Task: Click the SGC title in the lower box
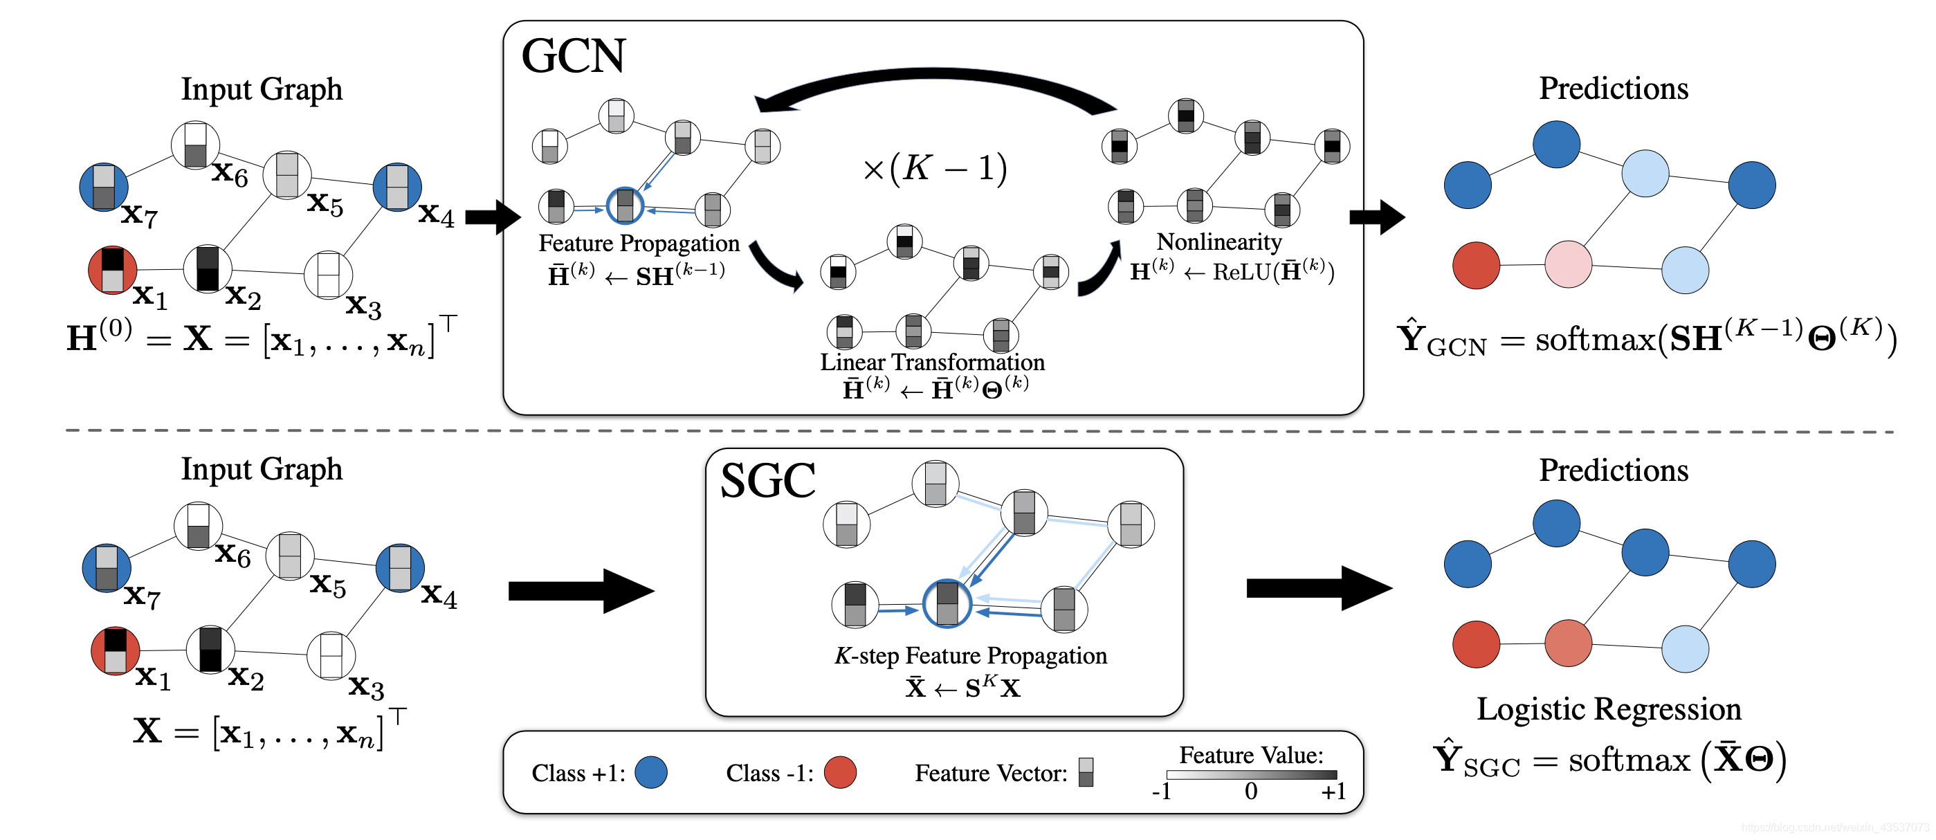767,481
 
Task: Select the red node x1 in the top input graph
112,270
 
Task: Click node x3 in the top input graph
329,275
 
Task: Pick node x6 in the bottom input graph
199,526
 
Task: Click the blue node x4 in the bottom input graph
400,568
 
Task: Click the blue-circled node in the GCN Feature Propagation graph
625,206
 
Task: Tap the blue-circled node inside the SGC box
947,603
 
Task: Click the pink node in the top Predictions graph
1568,264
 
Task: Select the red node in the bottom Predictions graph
1476,644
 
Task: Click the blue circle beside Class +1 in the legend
651,772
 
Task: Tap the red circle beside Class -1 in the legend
840,772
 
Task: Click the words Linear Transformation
932,362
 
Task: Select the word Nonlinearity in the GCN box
1219,242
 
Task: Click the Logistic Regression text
1608,709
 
